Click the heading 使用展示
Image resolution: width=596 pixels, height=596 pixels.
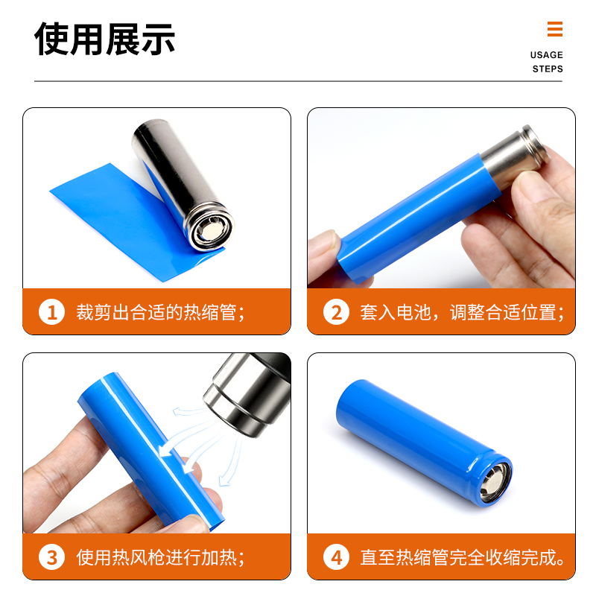coord(105,39)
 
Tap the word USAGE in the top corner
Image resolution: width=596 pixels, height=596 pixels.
coord(546,55)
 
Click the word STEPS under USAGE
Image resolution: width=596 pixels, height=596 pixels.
coord(547,69)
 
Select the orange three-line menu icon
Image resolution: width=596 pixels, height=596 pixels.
coord(554,29)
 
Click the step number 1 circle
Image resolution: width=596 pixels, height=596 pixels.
coord(51,311)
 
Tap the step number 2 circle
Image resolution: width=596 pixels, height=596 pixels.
coord(336,311)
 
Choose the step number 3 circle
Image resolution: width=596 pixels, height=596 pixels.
coord(51,557)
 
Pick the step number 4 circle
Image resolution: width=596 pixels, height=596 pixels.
coord(336,557)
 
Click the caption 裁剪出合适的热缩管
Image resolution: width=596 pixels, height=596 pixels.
coord(160,311)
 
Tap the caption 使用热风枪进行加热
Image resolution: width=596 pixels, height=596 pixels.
coord(160,557)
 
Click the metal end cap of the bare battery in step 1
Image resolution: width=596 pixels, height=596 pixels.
coord(209,232)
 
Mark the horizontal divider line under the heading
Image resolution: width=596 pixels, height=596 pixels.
coord(298,81)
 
